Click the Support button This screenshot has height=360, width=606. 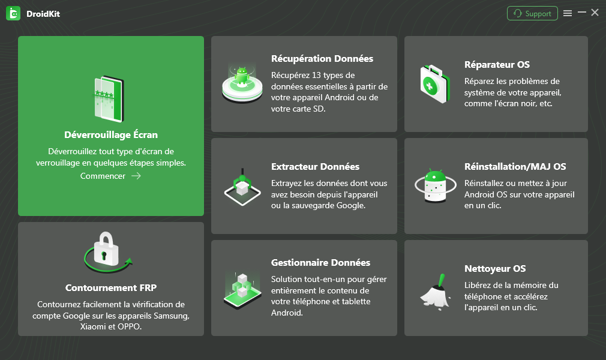[x=532, y=14]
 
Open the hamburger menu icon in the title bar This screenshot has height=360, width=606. [x=568, y=14]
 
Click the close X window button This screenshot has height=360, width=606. [x=595, y=13]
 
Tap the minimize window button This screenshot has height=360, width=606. [x=581, y=13]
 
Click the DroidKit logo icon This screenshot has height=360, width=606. [x=14, y=14]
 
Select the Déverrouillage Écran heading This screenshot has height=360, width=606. [x=111, y=134]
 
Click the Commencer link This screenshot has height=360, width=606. [x=103, y=176]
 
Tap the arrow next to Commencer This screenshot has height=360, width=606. [x=136, y=176]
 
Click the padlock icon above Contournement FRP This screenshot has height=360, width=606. [x=106, y=250]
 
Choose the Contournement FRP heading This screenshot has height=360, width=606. [x=111, y=287]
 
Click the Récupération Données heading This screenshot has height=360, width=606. [x=322, y=58]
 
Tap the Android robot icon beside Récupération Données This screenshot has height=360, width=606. [x=242, y=76]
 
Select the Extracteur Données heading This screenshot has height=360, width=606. [x=315, y=167]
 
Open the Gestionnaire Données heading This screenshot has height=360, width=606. [x=320, y=263]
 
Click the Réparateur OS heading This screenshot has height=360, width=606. [x=497, y=65]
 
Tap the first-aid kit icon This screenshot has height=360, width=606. [x=435, y=84]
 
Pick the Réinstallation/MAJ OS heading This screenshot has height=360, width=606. [x=515, y=167]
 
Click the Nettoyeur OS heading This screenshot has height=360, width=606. [x=494, y=269]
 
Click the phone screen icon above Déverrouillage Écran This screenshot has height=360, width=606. [x=109, y=99]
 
